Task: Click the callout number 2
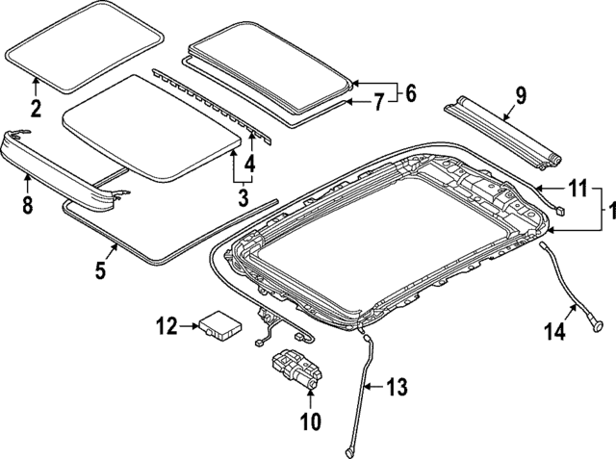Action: click(x=36, y=108)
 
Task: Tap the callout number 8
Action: click(x=28, y=204)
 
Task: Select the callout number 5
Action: click(x=100, y=271)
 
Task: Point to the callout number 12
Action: click(x=166, y=327)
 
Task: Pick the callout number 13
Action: click(x=396, y=388)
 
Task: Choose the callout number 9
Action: click(x=521, y=94)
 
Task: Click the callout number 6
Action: click(x=410, y=93)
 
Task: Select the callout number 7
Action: click(x=377, y=99)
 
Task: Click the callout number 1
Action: click(x=607, y=208)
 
